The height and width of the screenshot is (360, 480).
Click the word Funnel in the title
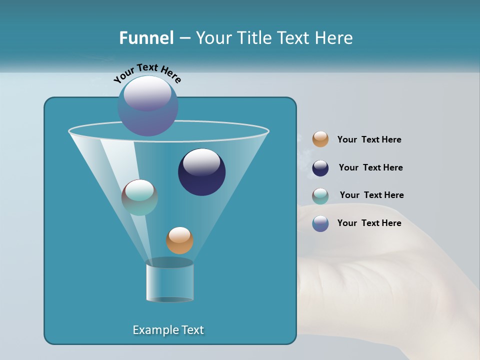(x=146, y=38)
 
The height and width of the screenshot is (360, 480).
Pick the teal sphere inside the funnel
(x=139, y=197)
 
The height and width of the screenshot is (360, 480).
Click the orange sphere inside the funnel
(x=179, y=240)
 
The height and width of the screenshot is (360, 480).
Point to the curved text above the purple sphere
(x=147, y=72)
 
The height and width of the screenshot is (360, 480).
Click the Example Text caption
(x=168, y=330)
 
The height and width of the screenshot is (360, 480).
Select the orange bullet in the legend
(x=320, y=139)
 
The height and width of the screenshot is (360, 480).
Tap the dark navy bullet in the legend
(x=320, y=168)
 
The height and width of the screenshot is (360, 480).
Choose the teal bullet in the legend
(x=320, y=196)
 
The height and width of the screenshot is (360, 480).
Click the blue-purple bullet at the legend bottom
(x=320, y=223)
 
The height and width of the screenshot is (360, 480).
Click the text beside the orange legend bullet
(x=369, y=140)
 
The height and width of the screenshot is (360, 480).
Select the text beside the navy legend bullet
(x=370, y=168)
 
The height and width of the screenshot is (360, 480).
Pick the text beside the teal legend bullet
(x=371, y=195)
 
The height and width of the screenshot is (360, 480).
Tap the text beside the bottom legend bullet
(x=369, y=223)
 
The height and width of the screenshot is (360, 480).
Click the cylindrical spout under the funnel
(x=169, y=281)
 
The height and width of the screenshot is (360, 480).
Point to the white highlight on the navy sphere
(x=201, y=161)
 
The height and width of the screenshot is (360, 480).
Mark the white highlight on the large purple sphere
(x=147, y=92)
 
